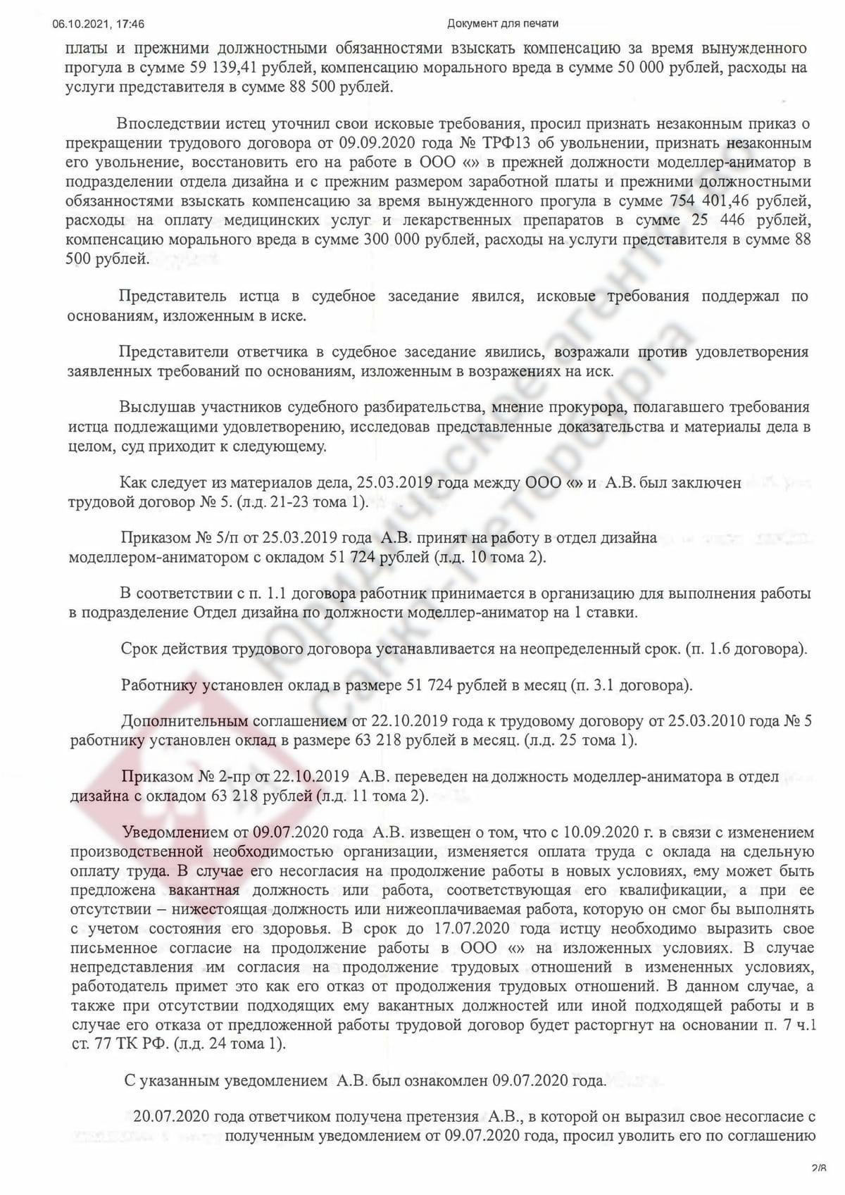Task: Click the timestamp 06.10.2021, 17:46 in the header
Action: click(99, 24)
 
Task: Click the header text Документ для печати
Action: click(502, 24)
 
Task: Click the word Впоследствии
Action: click(168, 123)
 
